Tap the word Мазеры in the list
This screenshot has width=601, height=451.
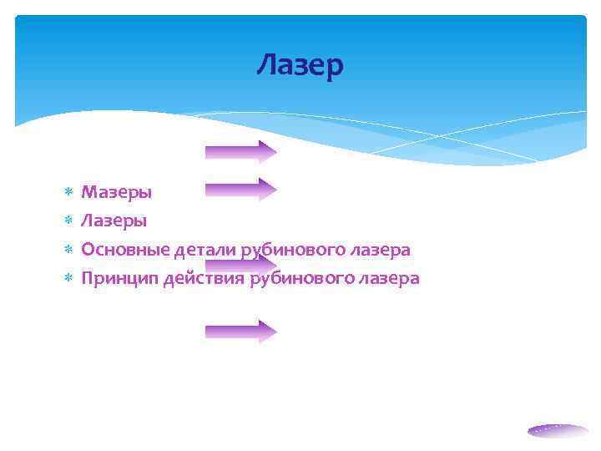coord(116,193)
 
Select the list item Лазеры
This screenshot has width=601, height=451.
coord(114,221)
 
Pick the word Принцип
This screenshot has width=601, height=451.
coord(115,278)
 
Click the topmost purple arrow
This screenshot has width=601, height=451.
coord(240,151)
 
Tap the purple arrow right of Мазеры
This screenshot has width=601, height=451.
coord(240,190)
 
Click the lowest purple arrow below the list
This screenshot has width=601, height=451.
coord(240,332)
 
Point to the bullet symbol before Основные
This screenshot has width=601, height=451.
coord(68,251)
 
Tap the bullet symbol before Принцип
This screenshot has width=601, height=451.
coord(68,279)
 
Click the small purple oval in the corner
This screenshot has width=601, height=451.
coord(558,431)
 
